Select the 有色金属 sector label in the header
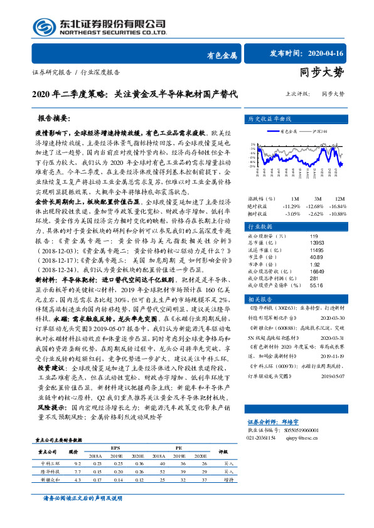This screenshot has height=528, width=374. coord(222,55)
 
